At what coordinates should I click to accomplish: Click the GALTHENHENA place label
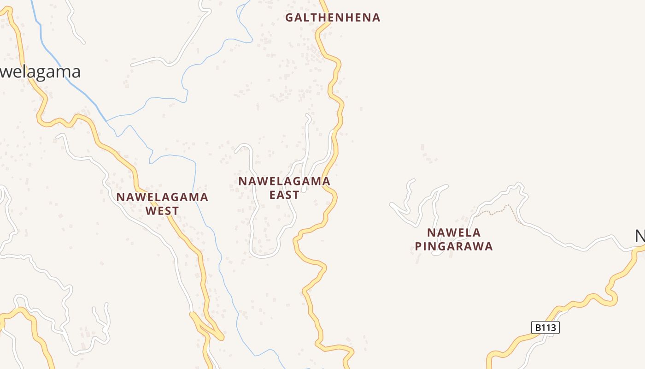(333, 18)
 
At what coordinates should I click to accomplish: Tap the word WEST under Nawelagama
(162, 211)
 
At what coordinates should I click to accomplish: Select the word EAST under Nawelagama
(284, 195)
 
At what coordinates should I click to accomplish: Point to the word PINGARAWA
(454, 246)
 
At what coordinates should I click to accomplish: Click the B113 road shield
(545, 327)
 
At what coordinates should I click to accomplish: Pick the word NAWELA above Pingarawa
(454, 232)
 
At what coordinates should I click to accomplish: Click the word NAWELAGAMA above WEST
(162, 197)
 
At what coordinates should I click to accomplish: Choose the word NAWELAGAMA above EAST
(284, 181)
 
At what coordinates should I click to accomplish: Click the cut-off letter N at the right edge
(640, 236)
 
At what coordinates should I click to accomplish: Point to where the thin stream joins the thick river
(106, 121)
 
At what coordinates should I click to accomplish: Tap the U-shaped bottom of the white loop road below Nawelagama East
(264, 255)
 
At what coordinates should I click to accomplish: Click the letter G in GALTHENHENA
(289, 18)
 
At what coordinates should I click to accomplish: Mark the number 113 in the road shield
(549, 327)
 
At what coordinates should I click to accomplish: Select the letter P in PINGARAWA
(418, 246)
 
